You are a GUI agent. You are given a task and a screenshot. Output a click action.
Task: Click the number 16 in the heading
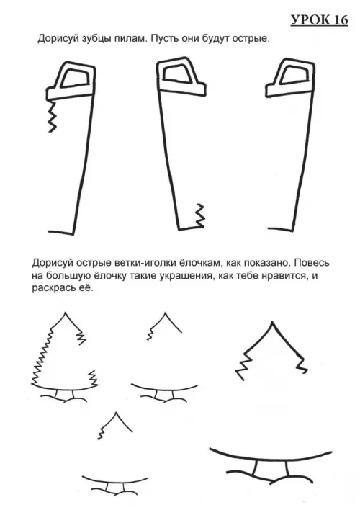click(341, 20)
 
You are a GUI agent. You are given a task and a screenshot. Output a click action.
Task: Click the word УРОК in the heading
click(310, 20)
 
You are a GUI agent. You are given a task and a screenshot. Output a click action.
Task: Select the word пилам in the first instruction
click(130, 38)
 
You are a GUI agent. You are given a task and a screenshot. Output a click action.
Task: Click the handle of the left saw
click(71, 81)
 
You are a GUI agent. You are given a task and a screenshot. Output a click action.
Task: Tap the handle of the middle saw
click(181, 77)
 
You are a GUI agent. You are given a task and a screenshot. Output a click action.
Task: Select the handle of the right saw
click(290, 77)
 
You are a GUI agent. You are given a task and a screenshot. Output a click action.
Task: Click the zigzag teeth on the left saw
click(52, 116)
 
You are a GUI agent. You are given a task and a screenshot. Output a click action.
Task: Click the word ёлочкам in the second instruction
click(195, 263)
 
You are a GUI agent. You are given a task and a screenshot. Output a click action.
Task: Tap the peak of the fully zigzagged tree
click(65, 313)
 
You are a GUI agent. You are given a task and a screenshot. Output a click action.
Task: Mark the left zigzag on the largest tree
click(243, 366)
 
